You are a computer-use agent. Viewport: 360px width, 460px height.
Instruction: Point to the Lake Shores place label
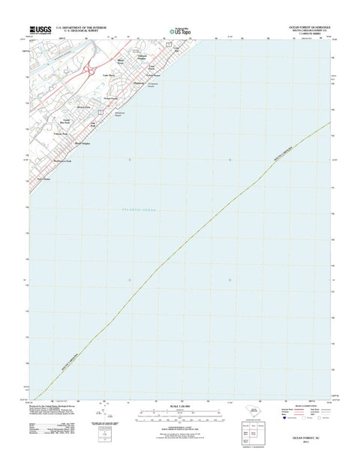[109, 75]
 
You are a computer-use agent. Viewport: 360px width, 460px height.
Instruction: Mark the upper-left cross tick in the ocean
[129, 160]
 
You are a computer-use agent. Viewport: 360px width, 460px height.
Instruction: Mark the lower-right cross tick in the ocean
[230, 280]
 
